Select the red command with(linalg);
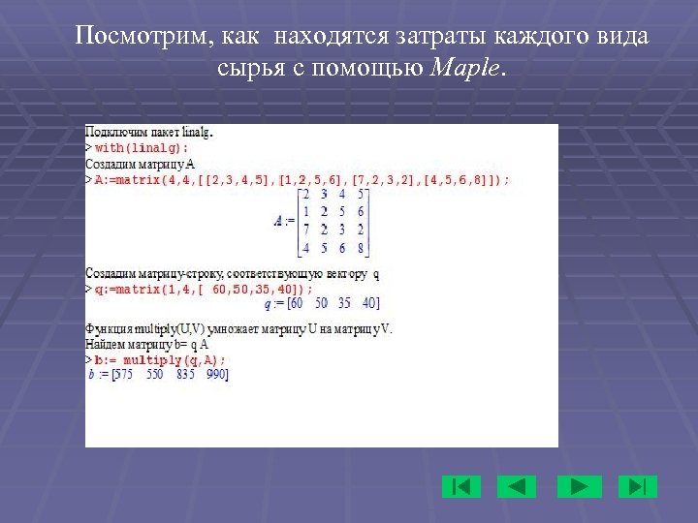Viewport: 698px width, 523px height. click(x=142, y=147)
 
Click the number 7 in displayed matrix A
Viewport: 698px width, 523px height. click(x=305, y=229)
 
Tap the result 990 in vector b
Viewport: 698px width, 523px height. click(x=216, y=374)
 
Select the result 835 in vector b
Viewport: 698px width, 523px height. click(x=186, y=374)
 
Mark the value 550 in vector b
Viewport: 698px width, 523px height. click(x=155, y=374)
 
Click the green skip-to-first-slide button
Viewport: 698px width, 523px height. click(x=461, y=486)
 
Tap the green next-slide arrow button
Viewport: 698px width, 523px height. click(x=581, y=486)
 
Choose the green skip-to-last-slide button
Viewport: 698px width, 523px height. click(x=638, y=486)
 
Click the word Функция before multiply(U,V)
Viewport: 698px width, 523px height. click(x=106, y=329)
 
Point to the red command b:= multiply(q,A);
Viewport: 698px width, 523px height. click(x=159, y=359)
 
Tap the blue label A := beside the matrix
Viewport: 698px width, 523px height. click(x=283, y=221)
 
